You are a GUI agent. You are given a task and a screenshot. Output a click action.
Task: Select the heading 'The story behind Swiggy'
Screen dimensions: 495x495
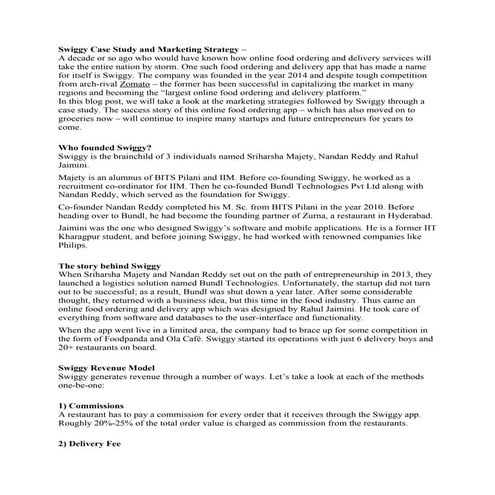[x=111, y=265]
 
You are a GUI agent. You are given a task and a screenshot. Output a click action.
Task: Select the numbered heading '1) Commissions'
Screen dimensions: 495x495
[x=91, y=405]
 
